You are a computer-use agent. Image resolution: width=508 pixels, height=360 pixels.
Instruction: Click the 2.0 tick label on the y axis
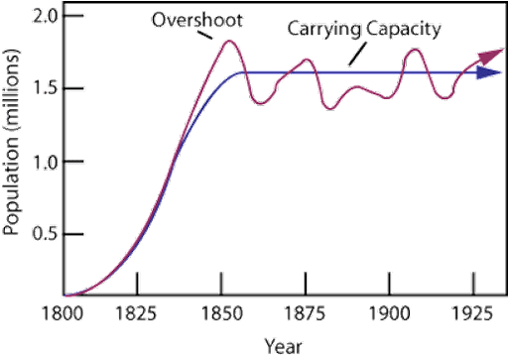(45, 17)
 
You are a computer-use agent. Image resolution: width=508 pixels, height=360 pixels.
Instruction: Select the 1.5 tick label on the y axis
(45, 89)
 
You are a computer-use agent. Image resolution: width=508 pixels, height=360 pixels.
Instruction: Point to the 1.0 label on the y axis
(45, 162)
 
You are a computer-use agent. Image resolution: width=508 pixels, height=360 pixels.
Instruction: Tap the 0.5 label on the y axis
(45, 234)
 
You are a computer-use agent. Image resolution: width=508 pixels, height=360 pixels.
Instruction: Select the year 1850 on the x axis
(221, 313)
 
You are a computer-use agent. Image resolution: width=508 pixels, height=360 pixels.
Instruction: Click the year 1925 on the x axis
(473, 313)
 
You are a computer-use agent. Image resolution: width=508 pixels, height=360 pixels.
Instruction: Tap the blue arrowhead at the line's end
(486, 73)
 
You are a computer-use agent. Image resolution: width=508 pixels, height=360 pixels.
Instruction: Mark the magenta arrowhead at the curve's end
(485, 56)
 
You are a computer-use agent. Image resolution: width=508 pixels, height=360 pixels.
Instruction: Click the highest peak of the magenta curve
(228, 42)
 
